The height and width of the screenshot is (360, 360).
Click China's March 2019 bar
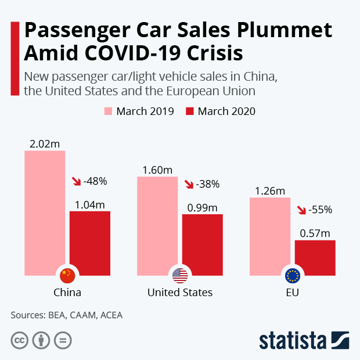(45, 212)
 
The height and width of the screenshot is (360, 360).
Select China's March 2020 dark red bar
(90, 241)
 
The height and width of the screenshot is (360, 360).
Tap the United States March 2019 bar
(157, 224)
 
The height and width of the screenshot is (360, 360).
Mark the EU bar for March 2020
(315, 257)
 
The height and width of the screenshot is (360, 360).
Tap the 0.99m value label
(203, 207)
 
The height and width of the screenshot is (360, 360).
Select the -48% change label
(95, 181)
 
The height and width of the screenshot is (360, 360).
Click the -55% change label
(320, 210)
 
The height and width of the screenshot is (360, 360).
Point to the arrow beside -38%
(189, 184)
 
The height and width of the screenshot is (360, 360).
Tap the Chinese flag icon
(68, 275)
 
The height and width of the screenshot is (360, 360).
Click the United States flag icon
(180, 275)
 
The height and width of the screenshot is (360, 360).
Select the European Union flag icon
(292, 275)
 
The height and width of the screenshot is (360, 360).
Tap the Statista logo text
(293, 340)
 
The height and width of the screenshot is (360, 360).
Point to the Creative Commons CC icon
(20, 340)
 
